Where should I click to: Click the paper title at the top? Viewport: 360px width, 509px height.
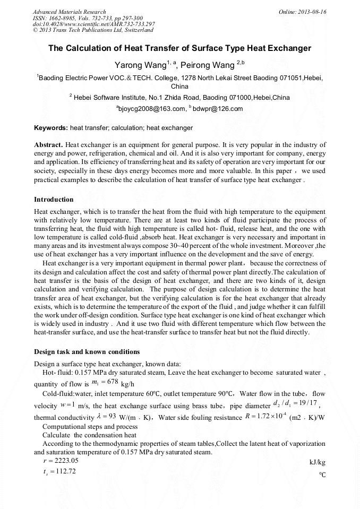click(179, 48)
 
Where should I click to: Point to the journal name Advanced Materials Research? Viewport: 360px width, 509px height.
click(69, 12)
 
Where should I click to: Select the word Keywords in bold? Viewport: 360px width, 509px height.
click(50, 128)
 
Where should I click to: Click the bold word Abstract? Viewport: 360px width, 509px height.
click(48, 144)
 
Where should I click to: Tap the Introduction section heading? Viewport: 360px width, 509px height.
click(54, 200)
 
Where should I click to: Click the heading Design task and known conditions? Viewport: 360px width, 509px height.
click(87, 352)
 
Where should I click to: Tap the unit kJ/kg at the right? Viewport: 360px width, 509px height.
click(317, 463)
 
